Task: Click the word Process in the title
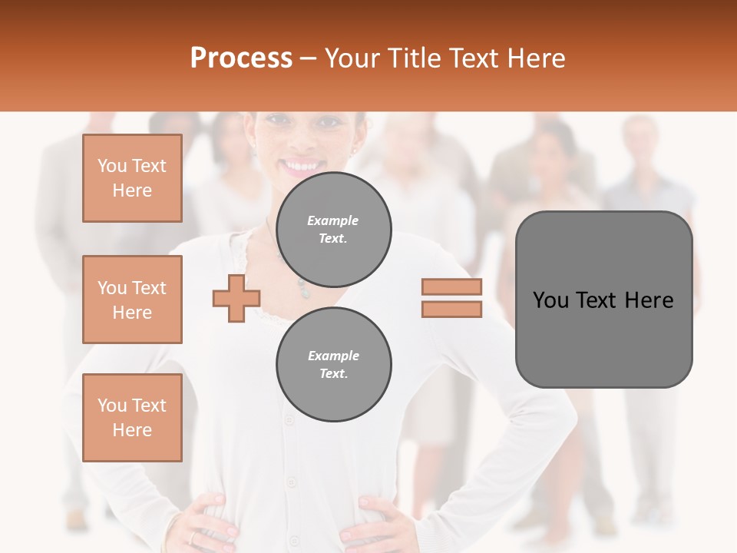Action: [241, 58]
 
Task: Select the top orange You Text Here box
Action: [132, 178]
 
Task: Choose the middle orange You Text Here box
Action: [132, 300]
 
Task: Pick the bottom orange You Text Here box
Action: [132, 417]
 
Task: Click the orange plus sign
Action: [236, 297]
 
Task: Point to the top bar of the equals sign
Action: [452, 286]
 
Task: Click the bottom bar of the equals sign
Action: [452, 309]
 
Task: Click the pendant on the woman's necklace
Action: [304, 290]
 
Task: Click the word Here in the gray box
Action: [649, 300]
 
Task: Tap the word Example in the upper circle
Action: [333, 220]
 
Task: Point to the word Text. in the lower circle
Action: [333, 374]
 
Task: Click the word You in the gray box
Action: [550, 300]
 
